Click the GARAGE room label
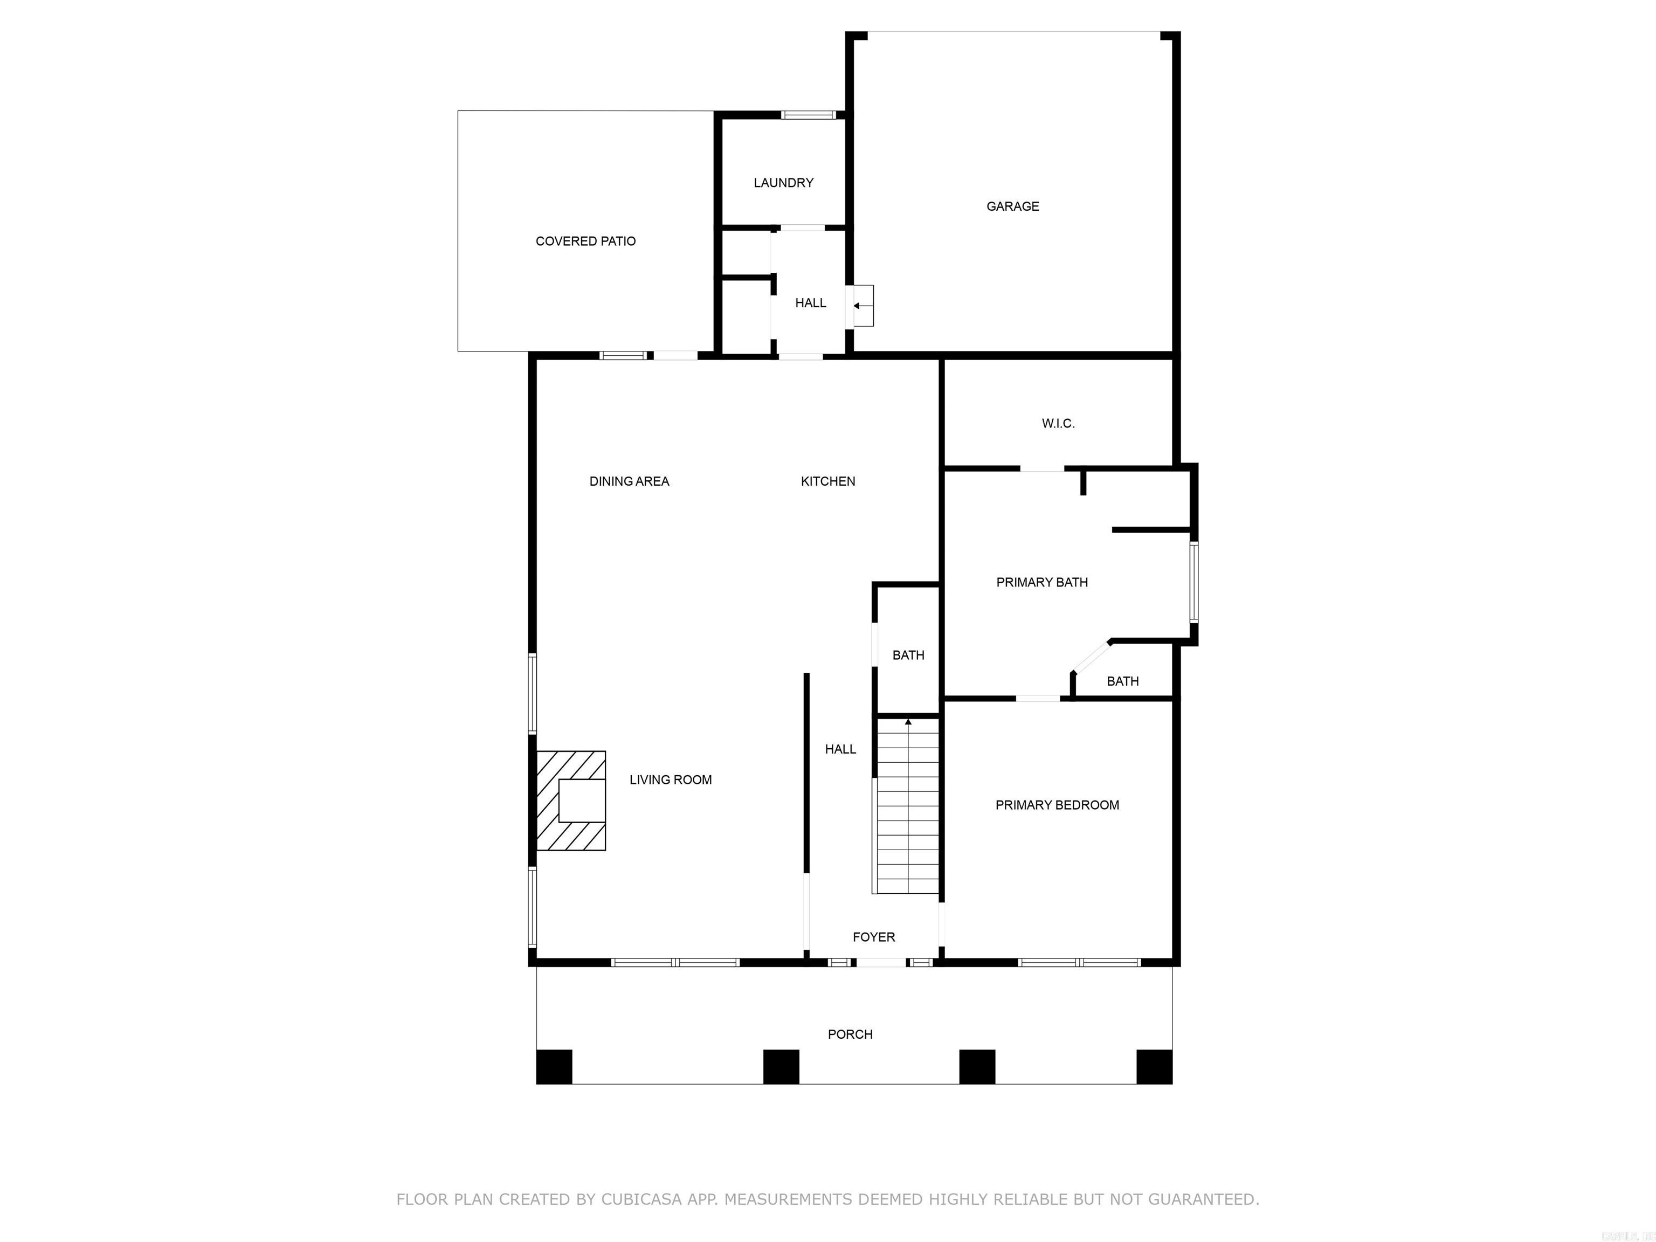click(1012, 206)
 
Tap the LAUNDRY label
click(783, 183)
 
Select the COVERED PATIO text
click(585, 241)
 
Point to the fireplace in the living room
click(572, 801)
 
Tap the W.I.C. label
click(1058, 424)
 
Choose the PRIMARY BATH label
click(1041, 582)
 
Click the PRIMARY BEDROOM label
click(1057, 805)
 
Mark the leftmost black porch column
click(554, 1067)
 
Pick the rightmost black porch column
click(1154, 1067)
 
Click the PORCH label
click(850, 1034)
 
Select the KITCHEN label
click(828, 481)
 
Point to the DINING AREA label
click(629, 481)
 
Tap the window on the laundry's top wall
click(808, 114)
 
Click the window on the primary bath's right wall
click(1194, 582)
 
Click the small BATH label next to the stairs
click(908, 655)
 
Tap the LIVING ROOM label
click(670, 780)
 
